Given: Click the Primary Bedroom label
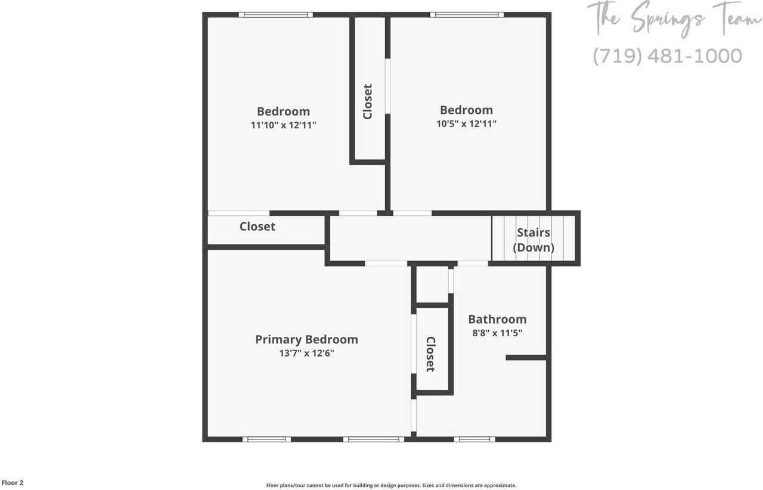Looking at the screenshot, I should tap(306, 339).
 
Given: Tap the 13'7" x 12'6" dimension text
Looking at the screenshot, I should tap(306, 353).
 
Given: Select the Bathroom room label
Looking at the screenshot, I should tap(497, 319).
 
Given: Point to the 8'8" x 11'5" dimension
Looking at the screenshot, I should tap(497, 333).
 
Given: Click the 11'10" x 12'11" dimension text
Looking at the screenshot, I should tap(283, 125).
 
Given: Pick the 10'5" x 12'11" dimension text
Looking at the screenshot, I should tap(466, 124).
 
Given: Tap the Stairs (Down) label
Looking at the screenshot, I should tap(534, 240).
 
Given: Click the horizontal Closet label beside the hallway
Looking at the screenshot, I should tap(258, 227).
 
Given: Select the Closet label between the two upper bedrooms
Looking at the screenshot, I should tap(368, 101).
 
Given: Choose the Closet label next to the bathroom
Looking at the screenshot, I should tap(430, 354).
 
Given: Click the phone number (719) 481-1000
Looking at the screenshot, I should tap(668, 56).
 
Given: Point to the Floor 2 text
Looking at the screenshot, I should tap(13, 483).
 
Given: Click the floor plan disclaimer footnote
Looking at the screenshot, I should tap(391, 485).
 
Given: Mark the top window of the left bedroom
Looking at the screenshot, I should tap(275, 15).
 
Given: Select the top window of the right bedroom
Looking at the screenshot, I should tap(467, 15).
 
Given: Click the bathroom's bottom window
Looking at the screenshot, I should tap(474, 439).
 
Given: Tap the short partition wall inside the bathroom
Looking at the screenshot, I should tap(526, 358).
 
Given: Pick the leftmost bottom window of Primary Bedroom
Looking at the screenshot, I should tap(266, 439).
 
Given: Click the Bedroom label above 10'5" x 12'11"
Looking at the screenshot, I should tap(466, 110).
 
